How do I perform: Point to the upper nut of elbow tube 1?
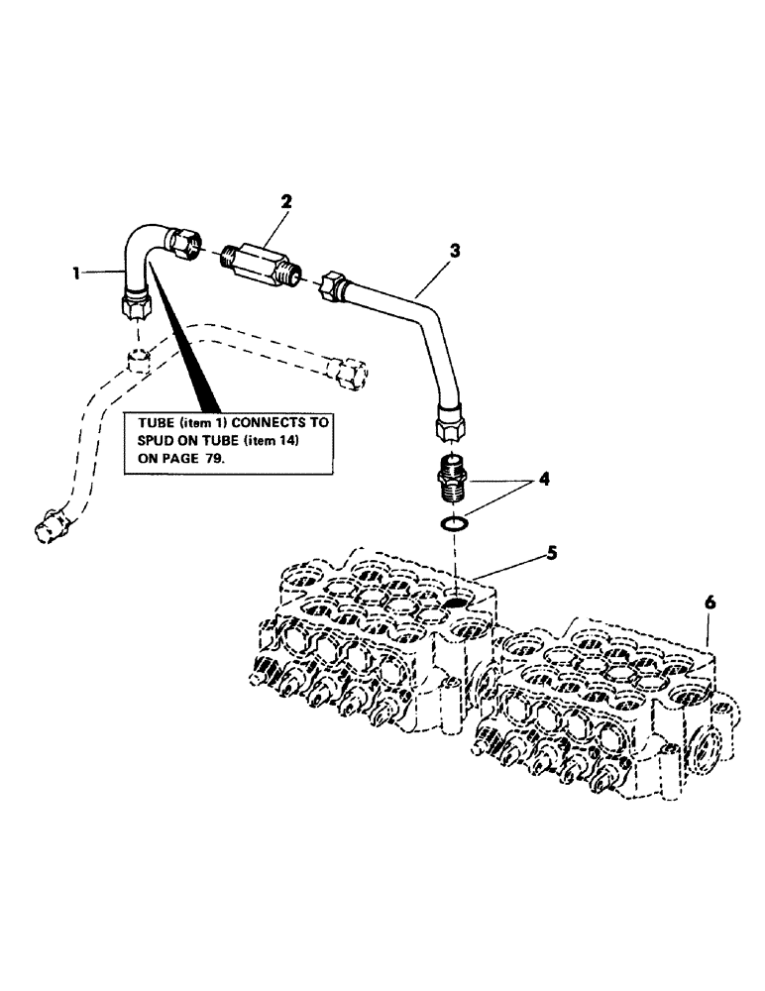point(184,243)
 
